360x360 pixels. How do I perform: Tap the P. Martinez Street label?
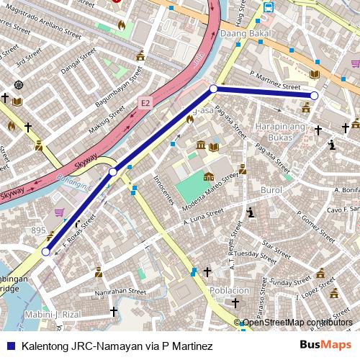point(274,80)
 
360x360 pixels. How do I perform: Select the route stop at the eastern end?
point(314,95)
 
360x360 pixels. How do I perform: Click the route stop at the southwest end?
point(46,252)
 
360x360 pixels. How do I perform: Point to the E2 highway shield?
point(146,104)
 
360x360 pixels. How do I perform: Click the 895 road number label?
point(38,230)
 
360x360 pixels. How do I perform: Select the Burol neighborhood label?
point(271,191)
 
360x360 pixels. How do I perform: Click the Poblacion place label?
point(229,290)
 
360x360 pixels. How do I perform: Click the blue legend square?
point(9,346)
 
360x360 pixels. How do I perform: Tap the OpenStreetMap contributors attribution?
point(297,323)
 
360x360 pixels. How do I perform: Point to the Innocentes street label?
point(164,192)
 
